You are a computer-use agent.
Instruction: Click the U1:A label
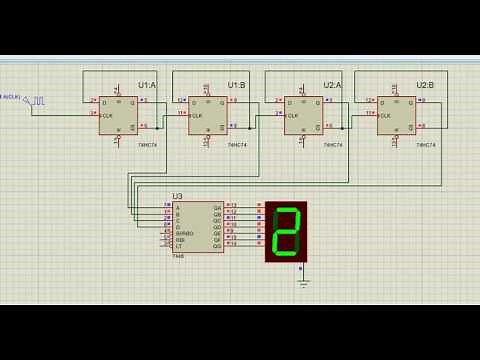tap(146, 86)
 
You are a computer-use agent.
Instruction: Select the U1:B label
tap(236, 86)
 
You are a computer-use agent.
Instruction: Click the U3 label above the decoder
tap(178, 196)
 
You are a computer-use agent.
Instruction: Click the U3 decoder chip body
tap(198, 227)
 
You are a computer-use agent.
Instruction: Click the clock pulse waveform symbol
tap(38, 101)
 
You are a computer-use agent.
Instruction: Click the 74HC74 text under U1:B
tap(236, 146)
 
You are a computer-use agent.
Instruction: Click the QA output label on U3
tap(217, 207)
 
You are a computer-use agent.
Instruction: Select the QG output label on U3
tap(217, 245)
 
